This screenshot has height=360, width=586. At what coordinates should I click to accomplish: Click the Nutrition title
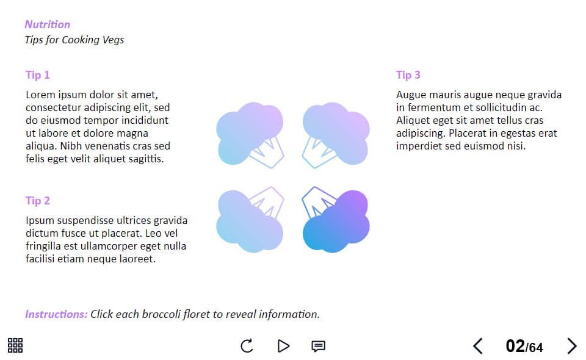[48, 24]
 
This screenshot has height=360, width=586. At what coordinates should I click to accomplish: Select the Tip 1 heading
[38, 75]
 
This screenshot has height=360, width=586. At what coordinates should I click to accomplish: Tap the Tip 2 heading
[38, 201]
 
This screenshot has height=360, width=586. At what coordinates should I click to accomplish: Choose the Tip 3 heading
[408, 75]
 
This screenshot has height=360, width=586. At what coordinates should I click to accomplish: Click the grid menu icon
[15, 345]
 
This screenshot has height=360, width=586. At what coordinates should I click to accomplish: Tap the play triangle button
[284, 346]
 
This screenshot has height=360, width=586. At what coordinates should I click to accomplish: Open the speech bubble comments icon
[318, 346]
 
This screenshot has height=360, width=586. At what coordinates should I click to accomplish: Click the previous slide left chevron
[478, 346]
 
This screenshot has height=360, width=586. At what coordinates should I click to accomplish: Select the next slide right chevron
[572, 346]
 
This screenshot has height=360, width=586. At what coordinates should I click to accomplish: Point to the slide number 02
[515, 346]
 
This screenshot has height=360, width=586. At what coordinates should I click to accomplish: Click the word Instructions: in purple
[56, 314]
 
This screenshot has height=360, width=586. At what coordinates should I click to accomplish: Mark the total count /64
[535, 348]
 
